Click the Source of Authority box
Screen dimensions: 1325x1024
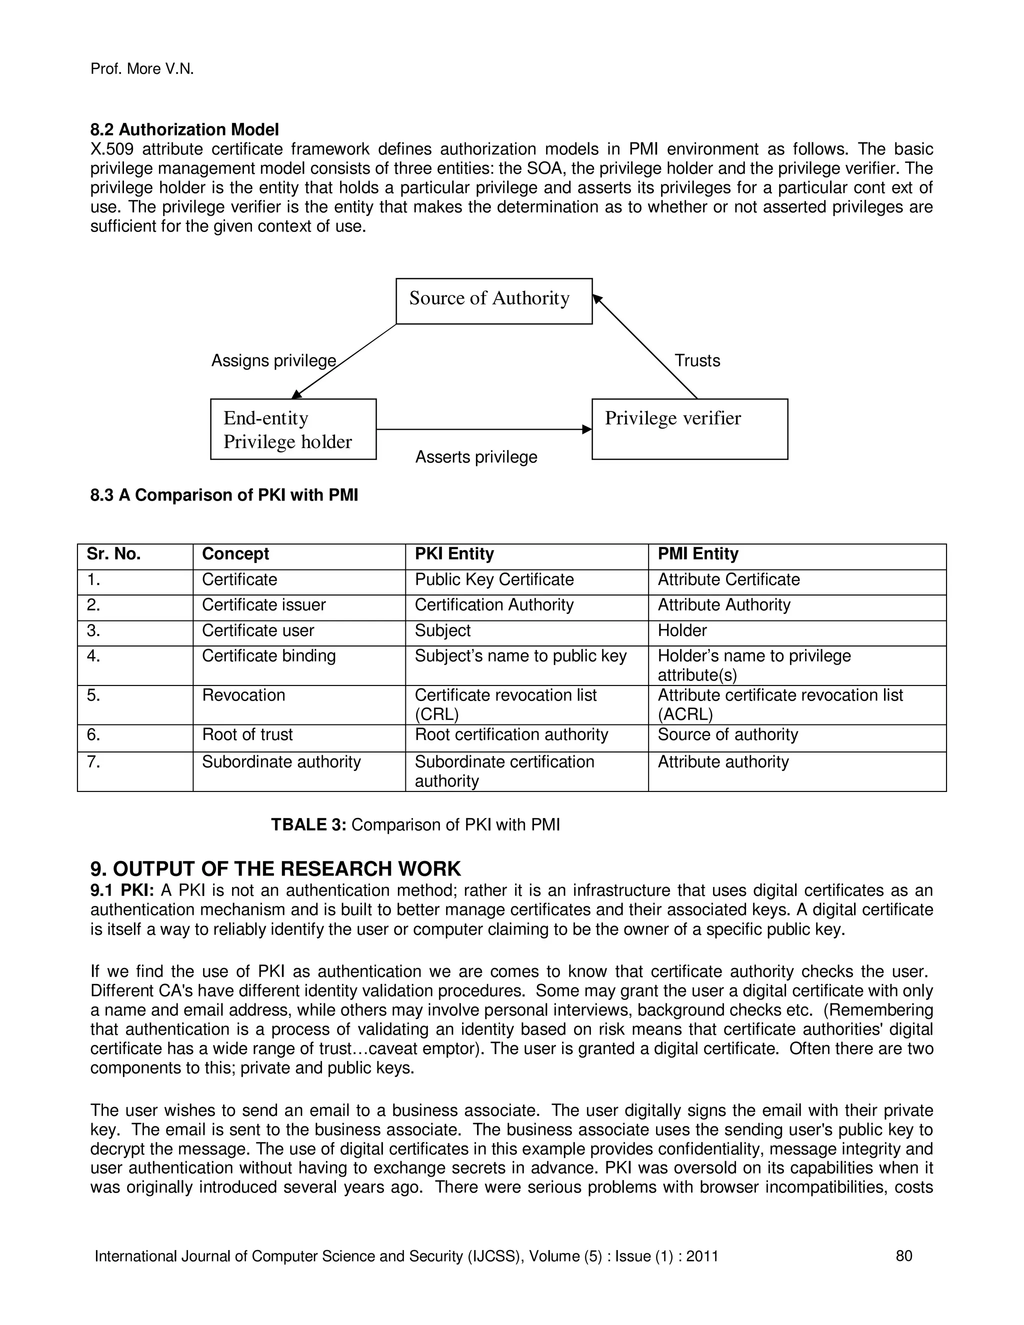pyautogui.click(x=494, y=301)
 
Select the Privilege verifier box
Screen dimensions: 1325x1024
pyautogui.click(x=689, y=429)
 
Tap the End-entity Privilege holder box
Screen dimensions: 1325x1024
pyautogui.click(x=293, y=429)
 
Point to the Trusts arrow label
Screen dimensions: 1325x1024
pyautogui.click(x=697, y=361)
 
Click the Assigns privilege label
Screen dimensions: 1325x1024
pyautogui.click(x=273, y=361)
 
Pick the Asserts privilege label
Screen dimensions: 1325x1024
pyautogui.click(x=476, y=457)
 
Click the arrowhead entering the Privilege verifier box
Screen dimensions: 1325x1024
pyautogui.click(x=586, y=429)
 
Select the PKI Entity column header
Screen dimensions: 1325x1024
pyautogui.click(x=454, y=554)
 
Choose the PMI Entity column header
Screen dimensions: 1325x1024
pyautogui.click(x=697, y=554)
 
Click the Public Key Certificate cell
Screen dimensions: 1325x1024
pyautogui.click(x=494, y=579)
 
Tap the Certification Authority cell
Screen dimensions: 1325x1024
pyautogui.click(x=494, y=605)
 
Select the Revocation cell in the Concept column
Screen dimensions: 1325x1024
pyautogui.click(x=243, y=695)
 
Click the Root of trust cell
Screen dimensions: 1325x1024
pyautogui.click(x=247, y=734)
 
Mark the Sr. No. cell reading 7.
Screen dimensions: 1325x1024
pyautogui.click(x=93, y=762)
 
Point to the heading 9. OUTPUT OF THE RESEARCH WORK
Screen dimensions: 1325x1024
pyautogui.click(x=275, y=869)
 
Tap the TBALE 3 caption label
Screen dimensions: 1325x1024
pyautogui.click(x=308, y=825)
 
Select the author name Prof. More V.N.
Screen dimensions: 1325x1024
pyautogui.click(x=142, y=69)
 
